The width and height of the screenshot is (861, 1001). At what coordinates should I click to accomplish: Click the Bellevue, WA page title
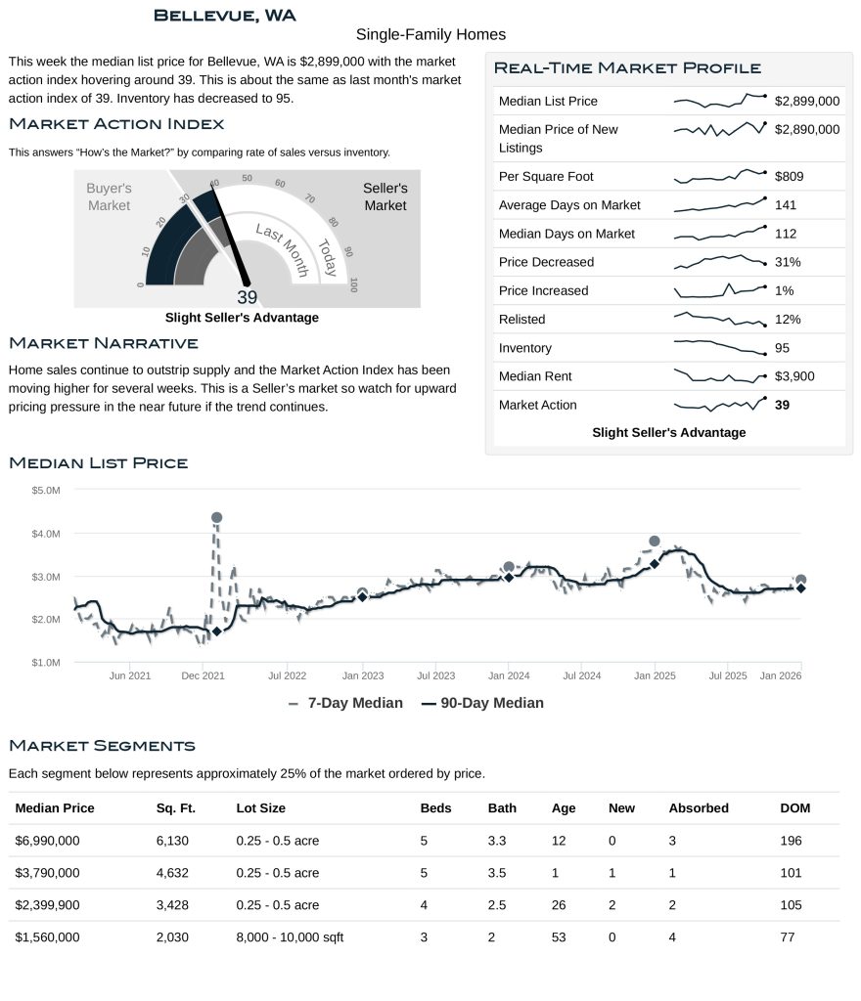225,15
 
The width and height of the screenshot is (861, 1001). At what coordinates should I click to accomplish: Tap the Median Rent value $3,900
793,376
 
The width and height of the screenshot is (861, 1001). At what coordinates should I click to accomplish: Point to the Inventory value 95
782,348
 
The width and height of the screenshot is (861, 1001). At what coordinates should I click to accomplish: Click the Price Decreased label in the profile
546,262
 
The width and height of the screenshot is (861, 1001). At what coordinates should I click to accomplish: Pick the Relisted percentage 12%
787,320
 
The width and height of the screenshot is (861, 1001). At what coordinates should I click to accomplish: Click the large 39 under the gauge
247,298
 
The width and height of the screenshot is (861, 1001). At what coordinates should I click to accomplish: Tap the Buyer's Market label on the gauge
109,196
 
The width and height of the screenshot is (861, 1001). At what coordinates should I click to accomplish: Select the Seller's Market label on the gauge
385,196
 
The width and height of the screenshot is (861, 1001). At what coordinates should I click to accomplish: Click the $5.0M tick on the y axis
46,490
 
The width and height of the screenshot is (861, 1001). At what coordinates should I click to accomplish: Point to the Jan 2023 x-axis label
363,675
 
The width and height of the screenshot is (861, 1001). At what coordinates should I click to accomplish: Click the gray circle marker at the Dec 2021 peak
216,517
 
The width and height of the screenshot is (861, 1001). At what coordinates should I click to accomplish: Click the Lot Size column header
260,808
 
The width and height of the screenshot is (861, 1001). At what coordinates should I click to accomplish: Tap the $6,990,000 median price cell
48,841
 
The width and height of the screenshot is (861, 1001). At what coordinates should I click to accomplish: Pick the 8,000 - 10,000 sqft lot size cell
290,937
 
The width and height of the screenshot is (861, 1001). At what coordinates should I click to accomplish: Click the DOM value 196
791,841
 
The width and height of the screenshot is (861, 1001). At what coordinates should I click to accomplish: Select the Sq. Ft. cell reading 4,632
172,873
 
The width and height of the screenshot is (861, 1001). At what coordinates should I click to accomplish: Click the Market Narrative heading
103,343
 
